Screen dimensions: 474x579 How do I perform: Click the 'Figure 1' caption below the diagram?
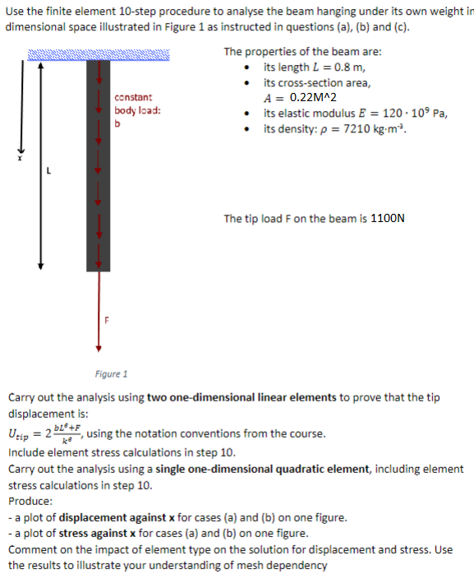tap(111, 374)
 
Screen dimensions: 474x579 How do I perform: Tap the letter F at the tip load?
tap(105, 319)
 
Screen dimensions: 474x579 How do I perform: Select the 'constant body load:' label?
tap(133, 104)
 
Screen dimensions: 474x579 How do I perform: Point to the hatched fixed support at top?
tap(99, 54)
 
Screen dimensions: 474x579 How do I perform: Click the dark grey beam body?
tap(98, 164)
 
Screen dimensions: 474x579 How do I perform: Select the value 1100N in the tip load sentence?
tap(388, 219)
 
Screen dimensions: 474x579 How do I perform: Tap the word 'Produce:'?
tap(30, 502)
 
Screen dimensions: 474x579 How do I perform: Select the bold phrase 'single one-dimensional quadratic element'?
tap(273, 469)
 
